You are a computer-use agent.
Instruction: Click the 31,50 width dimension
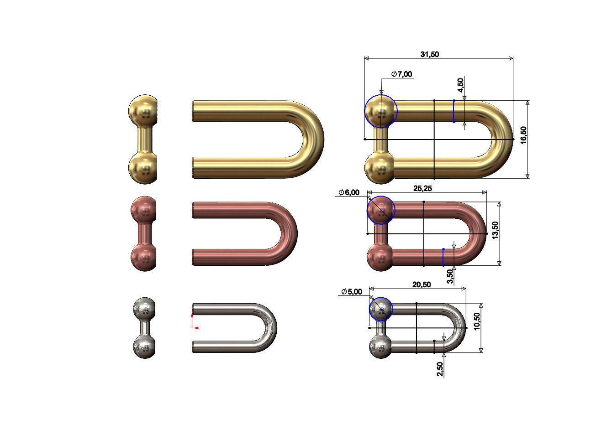[x=429, y=54]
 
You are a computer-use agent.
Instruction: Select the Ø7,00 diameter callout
[x=401, y=74]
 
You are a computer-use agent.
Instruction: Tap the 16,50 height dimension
[x=523, y=135]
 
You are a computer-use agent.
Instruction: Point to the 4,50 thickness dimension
[x=460, y=84]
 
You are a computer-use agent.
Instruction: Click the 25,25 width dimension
[x=422, y=188]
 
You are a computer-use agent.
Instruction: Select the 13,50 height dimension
[x=495, y=230]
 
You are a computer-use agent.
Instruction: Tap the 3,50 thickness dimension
[x=450, y=276]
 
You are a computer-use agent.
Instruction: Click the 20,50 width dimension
[x=422, y=285]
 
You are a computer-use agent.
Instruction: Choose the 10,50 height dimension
[x=477, y=322]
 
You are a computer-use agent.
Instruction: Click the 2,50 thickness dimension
[x=440, y=369]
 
